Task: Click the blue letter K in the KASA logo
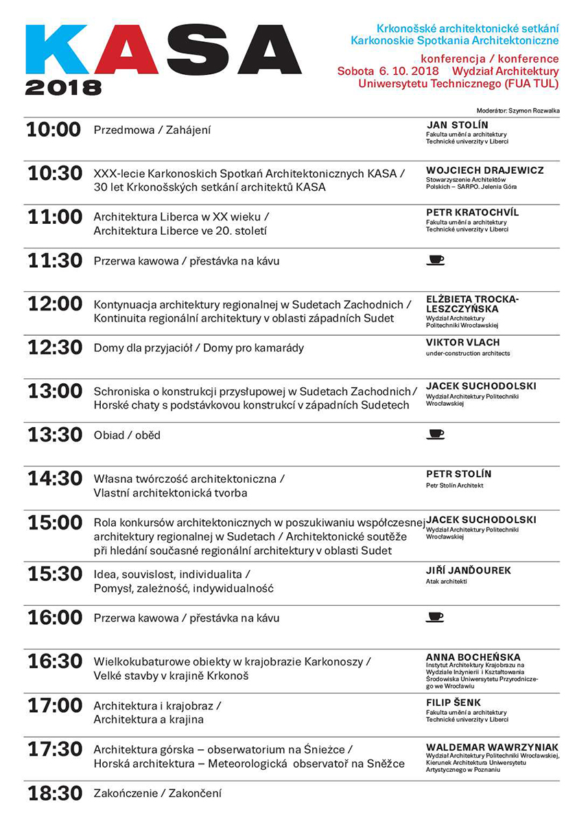pos(56,49)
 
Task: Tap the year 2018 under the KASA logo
pos(63,88)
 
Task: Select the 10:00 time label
pos(54,130)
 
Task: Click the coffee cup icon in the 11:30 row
pos(435,260)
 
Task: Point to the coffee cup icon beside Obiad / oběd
pos(435,434)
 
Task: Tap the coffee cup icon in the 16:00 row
pos(435,617)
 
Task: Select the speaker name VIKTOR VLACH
pos(462,342)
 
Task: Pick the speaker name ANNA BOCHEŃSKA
pos(473,657)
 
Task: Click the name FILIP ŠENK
pos(454,702)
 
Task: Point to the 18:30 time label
pos(54,794)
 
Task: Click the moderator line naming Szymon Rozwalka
pos(517,111)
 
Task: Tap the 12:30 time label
pos(54,348)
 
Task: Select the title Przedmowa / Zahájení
pos(152,130)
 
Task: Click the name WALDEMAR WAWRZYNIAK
pos(492,747)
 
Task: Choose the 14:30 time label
pos(54,479)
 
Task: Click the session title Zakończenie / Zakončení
pos(157,794)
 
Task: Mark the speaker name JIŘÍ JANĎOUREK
pos(469,571)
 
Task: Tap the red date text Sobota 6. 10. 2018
pos(388,71)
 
